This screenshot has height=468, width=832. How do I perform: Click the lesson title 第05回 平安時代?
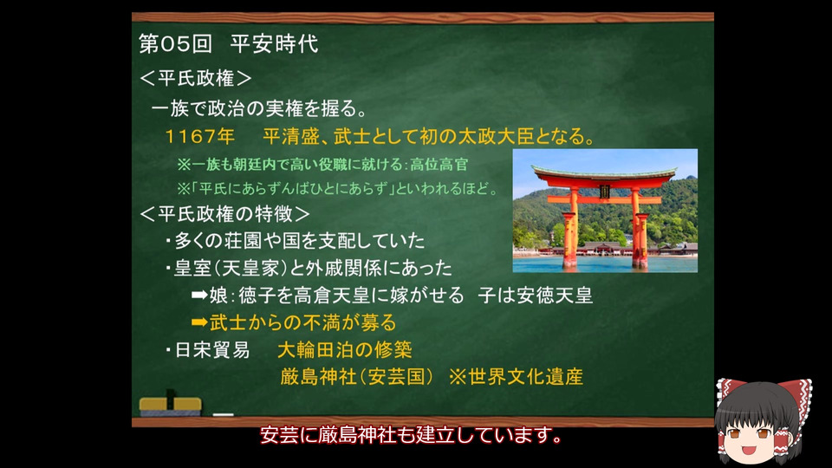pos(229,43)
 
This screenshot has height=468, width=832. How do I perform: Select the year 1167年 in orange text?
pos(200,136)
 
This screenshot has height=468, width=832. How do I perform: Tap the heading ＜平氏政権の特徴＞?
pos(224,214)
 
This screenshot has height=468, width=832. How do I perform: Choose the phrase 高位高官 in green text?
pos(439,165)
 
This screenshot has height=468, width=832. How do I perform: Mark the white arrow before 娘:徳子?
pos(199,295)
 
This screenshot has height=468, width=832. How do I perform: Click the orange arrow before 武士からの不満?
pos(199,322)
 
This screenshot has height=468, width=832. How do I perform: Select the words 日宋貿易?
pos(212,349)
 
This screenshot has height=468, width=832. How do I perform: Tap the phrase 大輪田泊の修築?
pos(345,349)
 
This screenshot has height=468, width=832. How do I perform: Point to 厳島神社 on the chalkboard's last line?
pos(318,377)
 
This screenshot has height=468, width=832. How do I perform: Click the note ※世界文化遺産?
pos(516,377)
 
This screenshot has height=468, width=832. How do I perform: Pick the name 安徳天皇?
pos(555,295)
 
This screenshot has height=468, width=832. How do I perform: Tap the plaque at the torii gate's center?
pos(604,192)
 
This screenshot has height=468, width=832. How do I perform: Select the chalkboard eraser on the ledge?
pos(171,405)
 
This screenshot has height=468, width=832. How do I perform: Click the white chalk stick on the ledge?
pos(224,414)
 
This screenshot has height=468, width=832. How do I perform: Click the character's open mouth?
pos(749,451)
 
